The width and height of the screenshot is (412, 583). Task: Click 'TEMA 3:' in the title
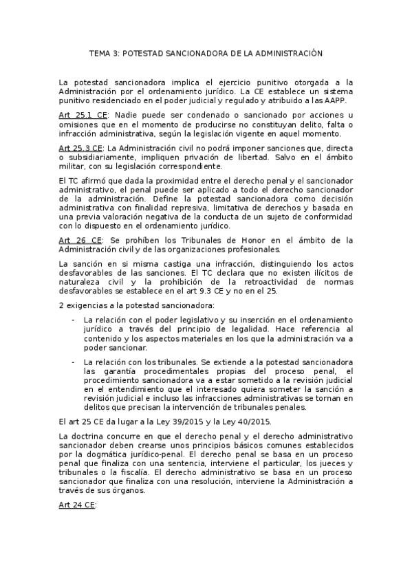tap(105, 52)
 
